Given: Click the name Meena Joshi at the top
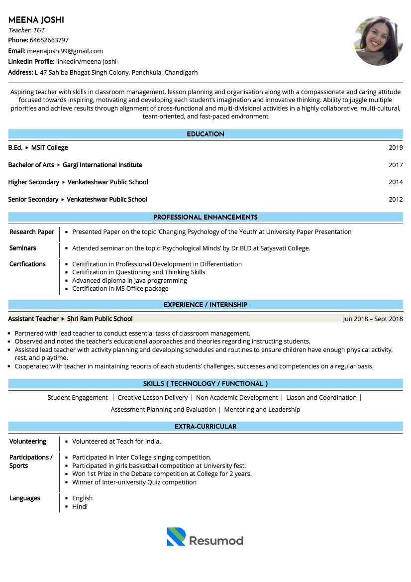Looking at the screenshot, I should (36, 20).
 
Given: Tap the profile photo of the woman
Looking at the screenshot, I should (378, 41).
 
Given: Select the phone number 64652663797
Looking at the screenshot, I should (49, 40).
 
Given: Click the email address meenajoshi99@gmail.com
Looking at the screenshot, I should (65, 51).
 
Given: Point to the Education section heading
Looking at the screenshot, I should (205, 134).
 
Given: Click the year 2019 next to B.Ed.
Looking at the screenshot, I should (396, 148).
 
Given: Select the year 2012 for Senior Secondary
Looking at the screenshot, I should (396, 199).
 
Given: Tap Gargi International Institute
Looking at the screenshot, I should (102, 165).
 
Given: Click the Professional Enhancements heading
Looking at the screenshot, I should (205, 217).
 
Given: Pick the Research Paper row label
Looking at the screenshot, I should (32, 232).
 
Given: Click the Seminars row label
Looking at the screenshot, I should (23, 248).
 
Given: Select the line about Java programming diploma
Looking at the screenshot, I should (129, 280).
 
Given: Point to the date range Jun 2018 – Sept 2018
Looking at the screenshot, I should (373, 319).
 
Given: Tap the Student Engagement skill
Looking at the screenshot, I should (78, 397).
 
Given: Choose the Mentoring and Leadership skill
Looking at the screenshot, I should (262, 409).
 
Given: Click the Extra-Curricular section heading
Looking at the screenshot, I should (205, 426).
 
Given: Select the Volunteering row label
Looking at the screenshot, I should (28, 442).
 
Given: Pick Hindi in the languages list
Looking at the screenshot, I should (80, 506).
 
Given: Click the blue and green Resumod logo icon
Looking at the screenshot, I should (176, 536).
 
